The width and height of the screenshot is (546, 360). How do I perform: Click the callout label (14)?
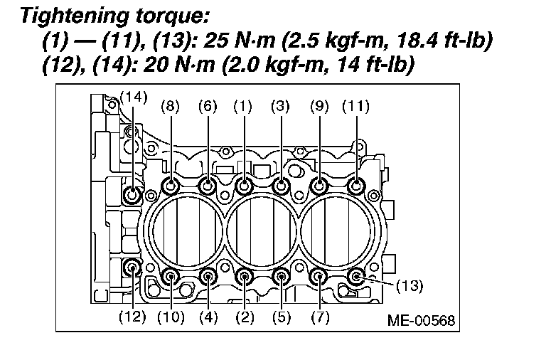pyautogui.click(x=134, y=97)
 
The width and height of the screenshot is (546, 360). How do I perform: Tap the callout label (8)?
pyautogui.click(x=171, y=106)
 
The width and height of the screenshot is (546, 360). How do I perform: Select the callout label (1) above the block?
pyautogui.click(x=242, y=106)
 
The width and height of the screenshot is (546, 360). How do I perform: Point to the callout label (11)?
pyautogui.click(x=355, y=106)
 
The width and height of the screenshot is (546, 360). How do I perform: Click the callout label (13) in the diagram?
pyautogui.click(x=409, y=286)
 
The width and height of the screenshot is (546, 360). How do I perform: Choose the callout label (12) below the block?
pyautogui.click(x=132, y=317)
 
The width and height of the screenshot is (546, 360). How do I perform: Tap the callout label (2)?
pyautogui.click(x=245, y=317)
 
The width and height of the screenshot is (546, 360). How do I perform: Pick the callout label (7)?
pyautogui.click(x=320, y=317)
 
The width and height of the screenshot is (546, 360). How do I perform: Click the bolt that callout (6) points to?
pyautogui.click(x=208, y=186)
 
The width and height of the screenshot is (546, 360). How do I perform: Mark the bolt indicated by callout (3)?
pyautogui.click(x=281, y=186)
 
